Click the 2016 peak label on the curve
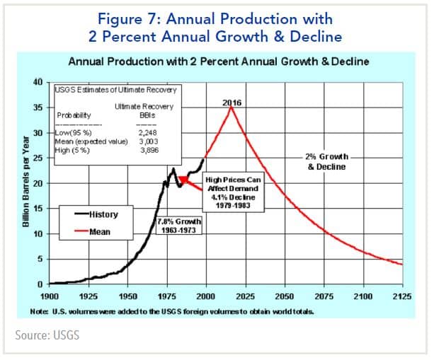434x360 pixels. [x=232, y=102]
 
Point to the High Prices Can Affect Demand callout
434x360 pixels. [x=233, y=186]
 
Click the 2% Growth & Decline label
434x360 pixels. [x=326, y=162]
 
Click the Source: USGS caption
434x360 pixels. [x=47, y=334]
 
